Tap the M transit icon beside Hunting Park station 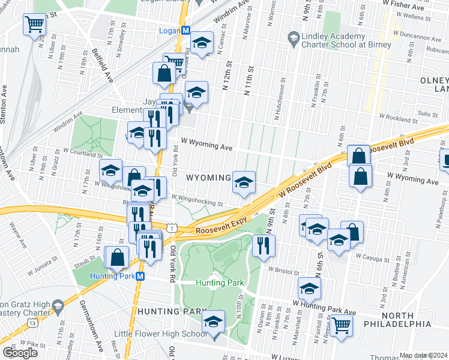point(140,276)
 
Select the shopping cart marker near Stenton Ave point(35,25)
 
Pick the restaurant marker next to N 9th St point(264,245)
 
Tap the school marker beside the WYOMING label point(244,182)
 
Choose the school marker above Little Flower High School point(212,321)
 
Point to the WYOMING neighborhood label point(208,178)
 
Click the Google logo point(20,352)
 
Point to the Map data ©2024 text point(423,355)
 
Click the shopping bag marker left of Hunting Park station point(116,257)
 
